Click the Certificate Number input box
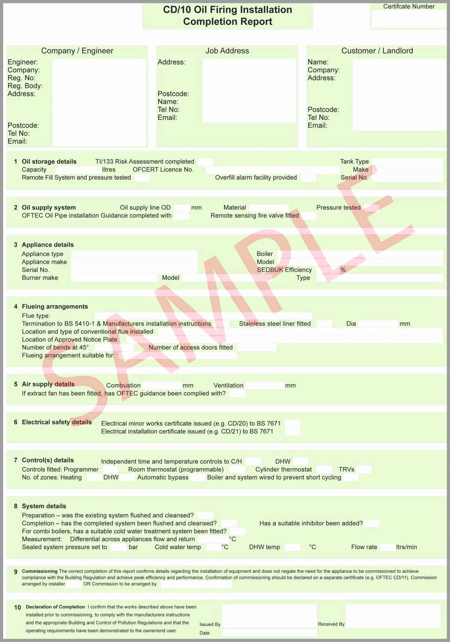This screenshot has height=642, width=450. coord(408,19)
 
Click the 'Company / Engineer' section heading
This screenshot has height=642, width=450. coord(77,51)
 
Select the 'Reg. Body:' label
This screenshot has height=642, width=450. coord(25,86)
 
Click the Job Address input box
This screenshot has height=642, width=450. coord(249,91)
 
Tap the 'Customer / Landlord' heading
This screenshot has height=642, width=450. coord(377,51)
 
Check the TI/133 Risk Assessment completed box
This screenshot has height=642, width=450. coord(205,162)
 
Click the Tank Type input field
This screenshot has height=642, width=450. coord(407,162)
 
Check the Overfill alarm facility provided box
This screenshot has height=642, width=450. coord(308,178)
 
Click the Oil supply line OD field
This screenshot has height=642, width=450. coord(182,208)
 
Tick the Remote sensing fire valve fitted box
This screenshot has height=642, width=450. coord(308,216)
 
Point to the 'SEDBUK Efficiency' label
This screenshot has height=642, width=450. coord(284,270)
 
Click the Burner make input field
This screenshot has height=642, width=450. coord(114,278)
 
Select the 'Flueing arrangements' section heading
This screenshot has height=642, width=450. coord(55,306)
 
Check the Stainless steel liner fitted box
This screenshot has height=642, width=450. coord(324,324)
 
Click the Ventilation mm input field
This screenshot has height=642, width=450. coord(264,386)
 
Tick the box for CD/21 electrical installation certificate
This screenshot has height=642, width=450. coord(292,432)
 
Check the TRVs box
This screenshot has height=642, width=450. coord(363,470)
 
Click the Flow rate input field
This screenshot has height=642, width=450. coord(387,547)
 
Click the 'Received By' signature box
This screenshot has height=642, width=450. coord(393,616)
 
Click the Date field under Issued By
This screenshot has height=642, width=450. coord(269,633)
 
